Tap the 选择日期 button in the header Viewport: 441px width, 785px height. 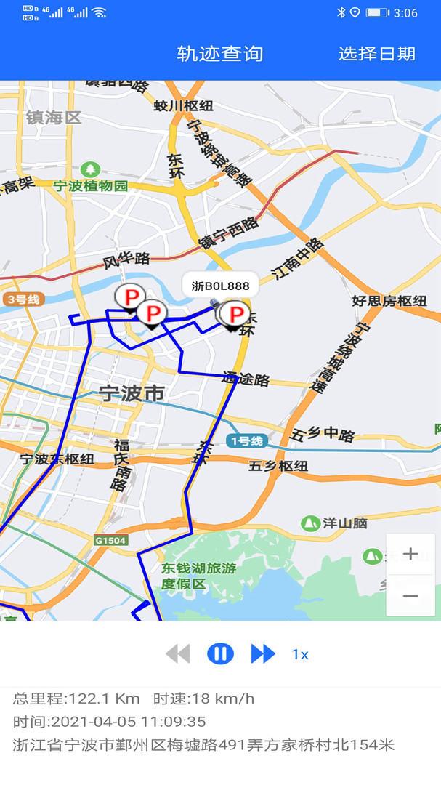pyautogui.click(x=376, y=54)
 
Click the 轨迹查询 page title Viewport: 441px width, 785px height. pyautogui.click(x=220, y=54)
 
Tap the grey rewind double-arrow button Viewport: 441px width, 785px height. pyautogui.click(x=177, y=654)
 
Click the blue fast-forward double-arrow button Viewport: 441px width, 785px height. pyautogui.click(x=263, y=654)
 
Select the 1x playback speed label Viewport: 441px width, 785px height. pyautogui.click(x=300, y=655)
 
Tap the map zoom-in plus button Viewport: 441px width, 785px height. pyautogui.click(x=410, y=555)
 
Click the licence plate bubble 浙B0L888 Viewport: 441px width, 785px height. pyautogui.click(x=220, y=286)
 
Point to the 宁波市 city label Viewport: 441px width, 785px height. pyautogui.click(x=132, y=394)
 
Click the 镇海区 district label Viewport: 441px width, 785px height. pyautogui.click(x=54, y=118)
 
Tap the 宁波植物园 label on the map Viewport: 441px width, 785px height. pyautogui.click(x=90, y=185)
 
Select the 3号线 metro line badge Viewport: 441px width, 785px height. pyautogui.click(x=24, y=299)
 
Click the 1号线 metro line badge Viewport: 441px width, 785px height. pyautogui.click(x=247, y=441)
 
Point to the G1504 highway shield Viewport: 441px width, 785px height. pyautogui.click(x=110, y=540)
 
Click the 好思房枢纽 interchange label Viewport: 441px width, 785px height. pyautogui.click(x=389, y=301)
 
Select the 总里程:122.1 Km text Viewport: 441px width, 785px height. pyautogui.click(x=76, y=699)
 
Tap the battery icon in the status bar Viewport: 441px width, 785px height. pyautogui.click(x=377, y=12)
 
